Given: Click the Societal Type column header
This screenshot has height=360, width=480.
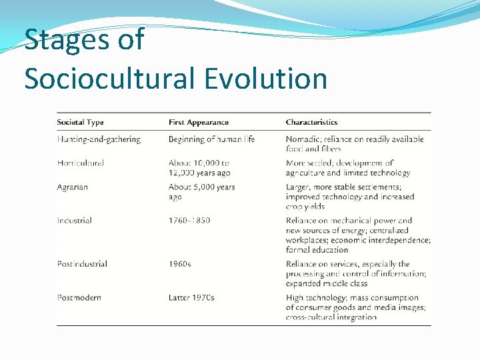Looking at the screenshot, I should coord(80,123).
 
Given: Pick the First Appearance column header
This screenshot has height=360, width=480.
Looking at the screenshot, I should coord(198,123).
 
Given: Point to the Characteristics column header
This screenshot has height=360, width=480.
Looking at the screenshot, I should coord(311,123).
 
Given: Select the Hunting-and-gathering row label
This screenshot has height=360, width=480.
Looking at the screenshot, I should coord(99,139).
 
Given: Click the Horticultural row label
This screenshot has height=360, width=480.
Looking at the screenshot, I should coord(80,163).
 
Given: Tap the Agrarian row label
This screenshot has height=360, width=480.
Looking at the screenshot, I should coord(72,187).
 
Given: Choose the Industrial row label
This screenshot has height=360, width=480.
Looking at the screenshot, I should coord(74,221).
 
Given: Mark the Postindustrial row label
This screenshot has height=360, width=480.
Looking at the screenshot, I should coord(82,264).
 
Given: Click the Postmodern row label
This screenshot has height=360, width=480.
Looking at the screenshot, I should coord(79,297).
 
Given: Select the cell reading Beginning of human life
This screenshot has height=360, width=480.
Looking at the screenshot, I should coord(211,139).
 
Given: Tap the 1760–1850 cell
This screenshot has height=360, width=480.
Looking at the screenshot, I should coord(189,221).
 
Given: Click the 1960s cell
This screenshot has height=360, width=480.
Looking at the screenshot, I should coord(179,264).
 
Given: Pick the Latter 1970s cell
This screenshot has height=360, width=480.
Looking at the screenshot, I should coord(191,297).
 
